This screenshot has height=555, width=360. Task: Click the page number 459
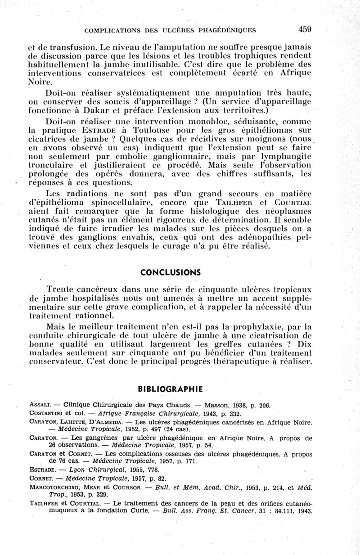coord(305,30)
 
